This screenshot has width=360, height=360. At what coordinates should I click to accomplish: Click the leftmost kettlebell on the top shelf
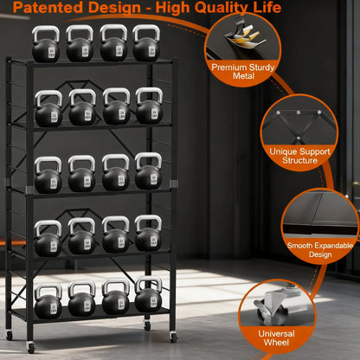46,46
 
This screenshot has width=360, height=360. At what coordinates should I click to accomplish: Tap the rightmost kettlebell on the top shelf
145,46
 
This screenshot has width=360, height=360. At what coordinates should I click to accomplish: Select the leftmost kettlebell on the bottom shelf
48,300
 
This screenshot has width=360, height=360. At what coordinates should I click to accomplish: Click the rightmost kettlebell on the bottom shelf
149,299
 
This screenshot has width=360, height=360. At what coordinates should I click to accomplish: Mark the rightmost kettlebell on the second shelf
148,108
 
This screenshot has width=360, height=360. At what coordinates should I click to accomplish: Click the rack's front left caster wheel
31,347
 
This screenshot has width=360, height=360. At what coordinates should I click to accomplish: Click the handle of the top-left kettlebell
46,33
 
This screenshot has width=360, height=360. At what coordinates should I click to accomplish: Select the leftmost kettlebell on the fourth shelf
48,240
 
